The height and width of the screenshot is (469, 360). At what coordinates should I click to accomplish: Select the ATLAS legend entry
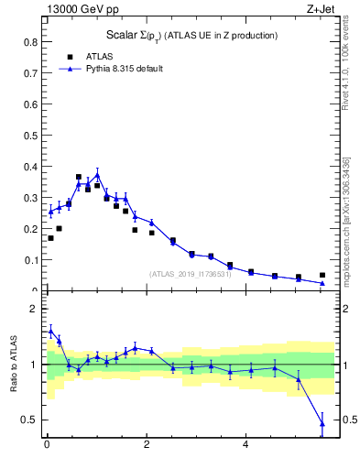click(99, 56)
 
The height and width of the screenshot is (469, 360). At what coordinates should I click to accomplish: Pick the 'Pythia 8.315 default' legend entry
click(124, 69)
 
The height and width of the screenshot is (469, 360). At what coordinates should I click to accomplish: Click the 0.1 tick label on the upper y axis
click(30, 260)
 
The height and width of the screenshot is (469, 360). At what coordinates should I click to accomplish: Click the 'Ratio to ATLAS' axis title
click(13, 365)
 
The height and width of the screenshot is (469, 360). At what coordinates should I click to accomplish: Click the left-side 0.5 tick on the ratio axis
click(30, 420)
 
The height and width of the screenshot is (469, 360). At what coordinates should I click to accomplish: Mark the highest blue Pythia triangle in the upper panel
click(97, 174)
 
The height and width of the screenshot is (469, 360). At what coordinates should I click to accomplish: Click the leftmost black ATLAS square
click(50, 238)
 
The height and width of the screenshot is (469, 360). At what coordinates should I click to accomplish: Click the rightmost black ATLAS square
click(322, 275)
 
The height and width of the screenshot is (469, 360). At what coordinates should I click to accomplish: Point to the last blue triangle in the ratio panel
click(322, 422)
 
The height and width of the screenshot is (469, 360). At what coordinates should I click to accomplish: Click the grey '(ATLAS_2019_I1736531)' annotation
click(191, 273)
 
